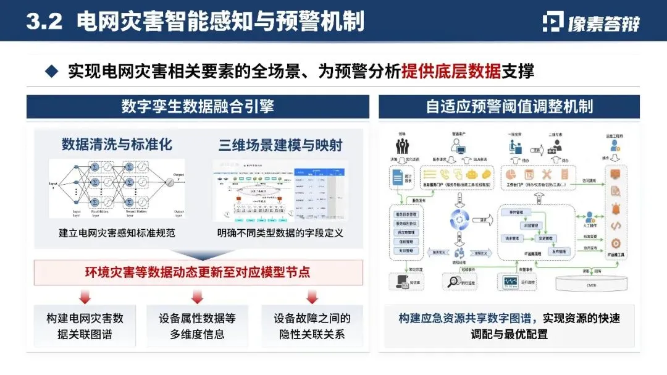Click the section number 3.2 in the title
pos(44,22)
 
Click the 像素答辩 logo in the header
pos(591,22)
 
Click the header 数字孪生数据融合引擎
pos(198,106)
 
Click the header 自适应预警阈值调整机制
pos(510,106)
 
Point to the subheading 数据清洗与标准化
pos(117,145)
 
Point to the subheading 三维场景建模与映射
pos(280,145)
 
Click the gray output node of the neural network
pos(166,183)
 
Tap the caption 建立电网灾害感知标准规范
pos(117,234)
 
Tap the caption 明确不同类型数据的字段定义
pos(280,234)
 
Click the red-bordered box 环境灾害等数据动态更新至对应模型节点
pos(198,272)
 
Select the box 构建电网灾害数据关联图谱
pos(85,326)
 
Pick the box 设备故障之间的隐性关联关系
pos(312,326)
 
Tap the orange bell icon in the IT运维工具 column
pos(615,209)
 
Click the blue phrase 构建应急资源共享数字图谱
pos(469,319)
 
